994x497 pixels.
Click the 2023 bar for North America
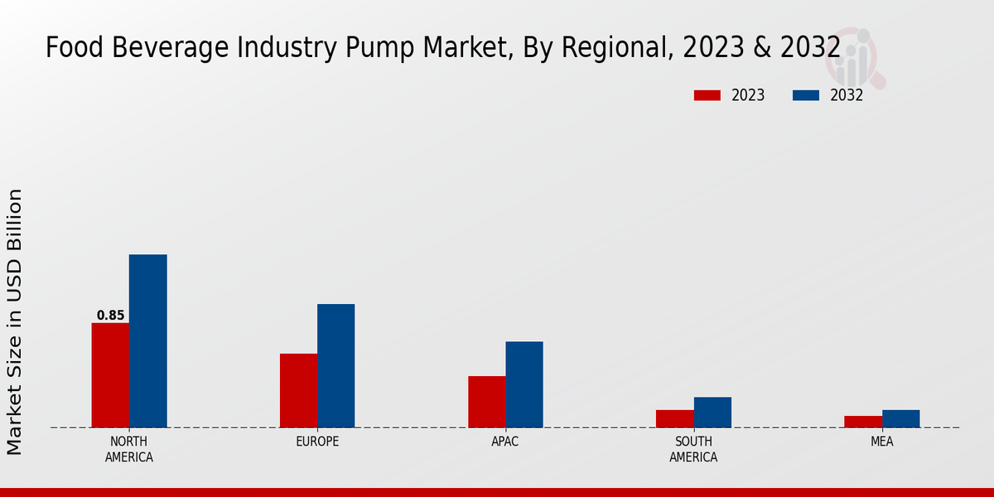pos(110,375)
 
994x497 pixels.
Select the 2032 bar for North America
pos(147,340)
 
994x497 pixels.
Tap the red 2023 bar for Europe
pos(298,390)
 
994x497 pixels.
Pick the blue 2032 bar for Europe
pos(335,365)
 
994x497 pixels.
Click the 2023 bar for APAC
pos(486,402)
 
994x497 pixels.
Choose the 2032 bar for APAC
pos(524,384)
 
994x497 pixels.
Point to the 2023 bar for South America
pos(674,418)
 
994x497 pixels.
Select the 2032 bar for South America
pos(712,412)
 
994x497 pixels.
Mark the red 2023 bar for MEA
pos(863,422)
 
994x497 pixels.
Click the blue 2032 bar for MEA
pos(900,418)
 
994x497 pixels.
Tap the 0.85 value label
pos(110,316)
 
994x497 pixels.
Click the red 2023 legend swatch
pos(707,95)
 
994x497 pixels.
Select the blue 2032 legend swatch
pos(806,95)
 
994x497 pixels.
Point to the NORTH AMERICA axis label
pos(129,449)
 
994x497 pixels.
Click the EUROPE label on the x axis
pos(317,442)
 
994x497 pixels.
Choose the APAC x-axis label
pos(505,442)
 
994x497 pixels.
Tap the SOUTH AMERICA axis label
pos(693,449)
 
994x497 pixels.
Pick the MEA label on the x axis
pos(881,442)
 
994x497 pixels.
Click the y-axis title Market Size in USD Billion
pos(15,321)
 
